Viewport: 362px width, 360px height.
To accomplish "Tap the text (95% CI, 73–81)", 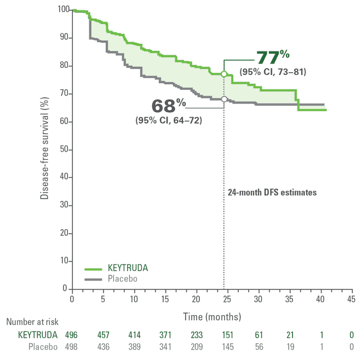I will point(273,72).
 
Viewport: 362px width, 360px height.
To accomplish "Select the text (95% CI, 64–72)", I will point(169,120).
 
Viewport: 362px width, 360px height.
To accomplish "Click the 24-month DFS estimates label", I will point(272,193).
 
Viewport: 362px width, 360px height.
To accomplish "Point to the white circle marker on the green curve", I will point(223,74).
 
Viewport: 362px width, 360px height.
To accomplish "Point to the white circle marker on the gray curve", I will point(223,99).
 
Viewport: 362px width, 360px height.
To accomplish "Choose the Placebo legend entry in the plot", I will point(122,278).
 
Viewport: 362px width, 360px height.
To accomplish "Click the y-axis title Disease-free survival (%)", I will point(44,148).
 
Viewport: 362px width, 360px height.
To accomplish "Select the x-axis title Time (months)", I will point(212,317).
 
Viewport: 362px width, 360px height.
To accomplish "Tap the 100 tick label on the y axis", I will point(63,10).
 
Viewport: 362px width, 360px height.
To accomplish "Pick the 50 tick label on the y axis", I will point(65,149).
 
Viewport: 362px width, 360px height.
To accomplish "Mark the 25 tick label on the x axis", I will point(227,299).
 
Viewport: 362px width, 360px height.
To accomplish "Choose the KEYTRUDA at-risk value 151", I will point(227,335).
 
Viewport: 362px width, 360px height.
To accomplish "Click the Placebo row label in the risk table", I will point(42,347).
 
